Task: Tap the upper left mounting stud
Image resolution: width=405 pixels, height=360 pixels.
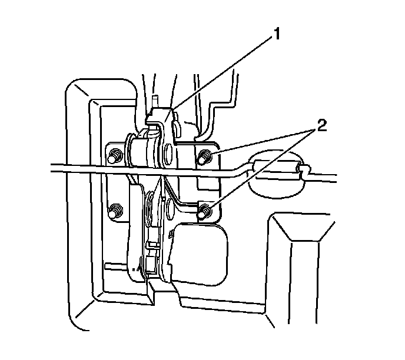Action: tap(113, 156)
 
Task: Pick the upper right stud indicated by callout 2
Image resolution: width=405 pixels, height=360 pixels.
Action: tap(204, 157)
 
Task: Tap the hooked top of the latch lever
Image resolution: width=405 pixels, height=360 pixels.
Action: tap(160, 115)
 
